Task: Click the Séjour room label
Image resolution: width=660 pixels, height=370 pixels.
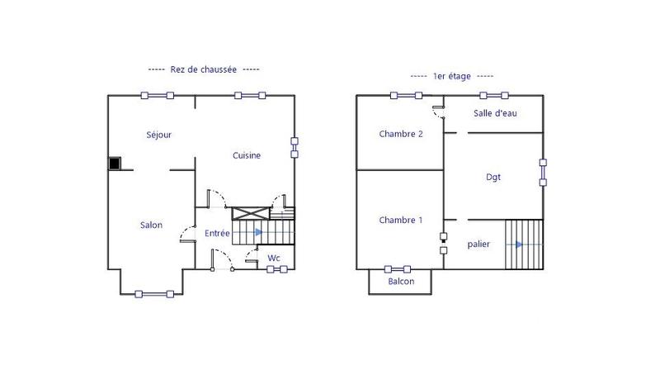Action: tap(158, 135)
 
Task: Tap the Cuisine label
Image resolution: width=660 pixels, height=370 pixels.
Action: tap(247, 155)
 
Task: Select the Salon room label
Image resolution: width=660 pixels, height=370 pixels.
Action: tap(151, 225)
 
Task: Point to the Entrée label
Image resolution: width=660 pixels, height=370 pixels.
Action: tap(218, 234)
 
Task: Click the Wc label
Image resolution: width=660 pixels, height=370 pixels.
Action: tap(274, 259)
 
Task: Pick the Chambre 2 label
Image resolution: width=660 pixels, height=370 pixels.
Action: tap(401, 134)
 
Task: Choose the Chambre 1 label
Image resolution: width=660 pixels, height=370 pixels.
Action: tap(401, 220)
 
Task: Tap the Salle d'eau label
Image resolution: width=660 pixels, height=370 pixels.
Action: tap(495, 113)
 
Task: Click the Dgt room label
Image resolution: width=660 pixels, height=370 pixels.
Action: tap(493, 177)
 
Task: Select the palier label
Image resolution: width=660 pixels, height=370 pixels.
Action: tap(479, 244)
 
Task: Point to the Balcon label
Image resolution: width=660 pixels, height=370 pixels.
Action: tap(401, 282)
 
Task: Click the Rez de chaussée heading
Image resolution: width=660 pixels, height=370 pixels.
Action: tap(205, 69)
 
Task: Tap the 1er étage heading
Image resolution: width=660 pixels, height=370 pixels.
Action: tap(452, 76)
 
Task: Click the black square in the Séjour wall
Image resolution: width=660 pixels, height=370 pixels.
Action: tap(115, 164)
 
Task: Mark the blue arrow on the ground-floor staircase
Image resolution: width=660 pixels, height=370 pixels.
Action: tap(259, 233)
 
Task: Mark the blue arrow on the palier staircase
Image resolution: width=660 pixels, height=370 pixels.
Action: tap(518, 244)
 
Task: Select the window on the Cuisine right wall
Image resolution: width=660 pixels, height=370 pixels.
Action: tap(295, 147)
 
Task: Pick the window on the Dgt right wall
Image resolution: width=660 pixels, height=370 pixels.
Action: tap(543, 172)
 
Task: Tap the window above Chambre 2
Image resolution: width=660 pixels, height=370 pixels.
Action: tap(406, 95)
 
